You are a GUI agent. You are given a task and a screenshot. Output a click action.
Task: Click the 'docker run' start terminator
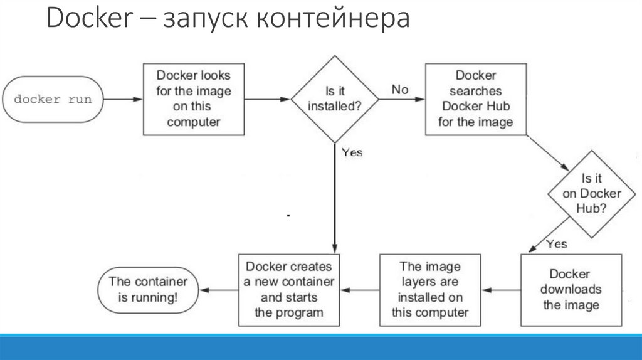pyautogui.click(x=53, y=99)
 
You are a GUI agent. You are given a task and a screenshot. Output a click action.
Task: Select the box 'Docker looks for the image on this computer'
pyautogui.click(x=194, y=98)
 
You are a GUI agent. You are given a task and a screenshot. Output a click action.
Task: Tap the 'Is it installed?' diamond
pyautogui.click(x=335, y=99)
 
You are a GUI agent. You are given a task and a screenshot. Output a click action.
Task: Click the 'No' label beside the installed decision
pyautogui.click(x=399, y=90)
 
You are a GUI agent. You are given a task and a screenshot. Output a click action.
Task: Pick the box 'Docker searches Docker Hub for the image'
pyautogui.click(x=475, y=98)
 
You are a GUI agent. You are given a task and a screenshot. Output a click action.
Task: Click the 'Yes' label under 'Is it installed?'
pyautogui.click(x=352, y=152)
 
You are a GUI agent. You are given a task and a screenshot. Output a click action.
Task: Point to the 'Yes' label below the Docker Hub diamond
pyautogui.click(x=556, y=243)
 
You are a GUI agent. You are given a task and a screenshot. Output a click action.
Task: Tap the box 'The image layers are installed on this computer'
pyautogui.click(x=429, y=290)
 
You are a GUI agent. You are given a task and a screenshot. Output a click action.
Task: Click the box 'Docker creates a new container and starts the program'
pyautogui.click(x=289, y=289)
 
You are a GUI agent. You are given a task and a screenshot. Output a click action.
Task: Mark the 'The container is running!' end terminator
pyautogui.click(x=149, y=290)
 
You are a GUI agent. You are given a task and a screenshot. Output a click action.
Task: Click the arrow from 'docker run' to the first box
pyautogui.click(x=123, y=99)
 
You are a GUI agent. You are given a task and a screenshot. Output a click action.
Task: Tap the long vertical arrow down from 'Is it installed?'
pyautogui.click(x=335, y=201)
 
